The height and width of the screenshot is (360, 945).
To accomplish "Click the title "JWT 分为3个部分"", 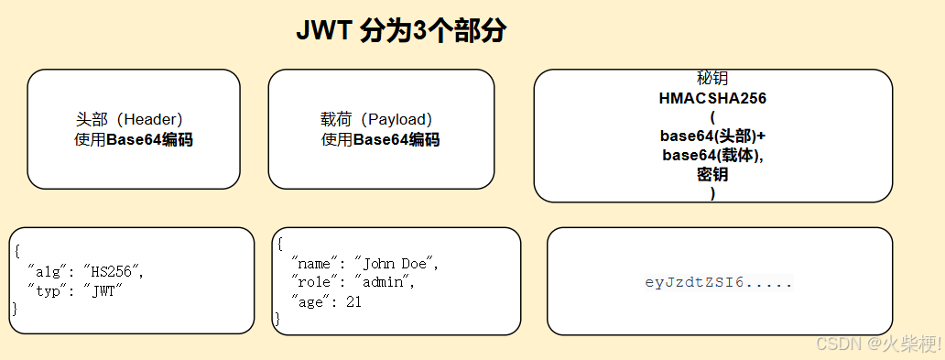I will pyautogui.click(x=401, y=30).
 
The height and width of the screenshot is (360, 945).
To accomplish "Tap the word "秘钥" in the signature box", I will pyautogui.click(x=712, y=80).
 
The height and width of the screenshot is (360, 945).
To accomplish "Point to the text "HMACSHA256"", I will pyautogui.click(x=712, y=98).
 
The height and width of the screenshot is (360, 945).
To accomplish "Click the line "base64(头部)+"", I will pyautogui.click(x=712, y=136).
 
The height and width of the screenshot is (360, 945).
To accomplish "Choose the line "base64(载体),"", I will pyautogui.click(x=712, y=155).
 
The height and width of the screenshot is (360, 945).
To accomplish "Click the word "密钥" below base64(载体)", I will pyautogui.click(x=712, y=174).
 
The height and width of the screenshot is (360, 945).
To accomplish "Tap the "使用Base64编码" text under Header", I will pyautogui.click(x=134, y=140).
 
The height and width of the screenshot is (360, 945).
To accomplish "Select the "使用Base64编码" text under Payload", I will pyautogui.click(x=380, y=140).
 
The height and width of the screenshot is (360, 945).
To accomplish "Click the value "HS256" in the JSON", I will pyautogui.click(x=113, y=272).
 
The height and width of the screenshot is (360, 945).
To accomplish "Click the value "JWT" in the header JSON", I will pyautogui.click(x=102, y=291).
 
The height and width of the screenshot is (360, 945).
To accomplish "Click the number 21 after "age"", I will pyautogui.click(x=353, y=300).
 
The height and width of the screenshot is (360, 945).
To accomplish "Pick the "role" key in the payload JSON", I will pyautogui.click(x=314, y=282).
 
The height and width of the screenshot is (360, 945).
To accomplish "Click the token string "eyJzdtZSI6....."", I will pyautogui.click(x=719, y=282).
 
